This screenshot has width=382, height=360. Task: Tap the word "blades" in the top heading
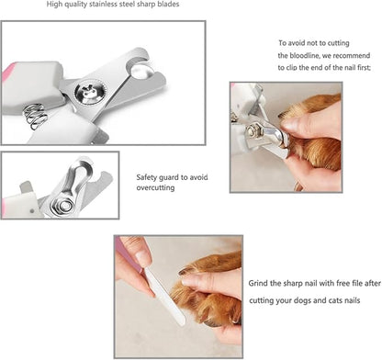(x=168, y=5)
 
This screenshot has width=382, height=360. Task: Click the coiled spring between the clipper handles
(x=35, y=116)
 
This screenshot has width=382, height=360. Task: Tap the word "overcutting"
(x=155, y=187)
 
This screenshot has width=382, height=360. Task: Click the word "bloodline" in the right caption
(x=304, y=56)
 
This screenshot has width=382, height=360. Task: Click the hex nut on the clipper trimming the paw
(x=253, y=130)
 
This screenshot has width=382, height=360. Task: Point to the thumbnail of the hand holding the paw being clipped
(x=288, y=124)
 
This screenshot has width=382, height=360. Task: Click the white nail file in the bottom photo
(x=165, y=296)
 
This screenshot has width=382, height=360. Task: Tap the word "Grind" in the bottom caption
(x=258, y=283)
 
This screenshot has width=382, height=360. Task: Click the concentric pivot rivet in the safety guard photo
(x=63, y=206)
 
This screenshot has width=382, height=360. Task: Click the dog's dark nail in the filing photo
(x=187, y=271)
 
